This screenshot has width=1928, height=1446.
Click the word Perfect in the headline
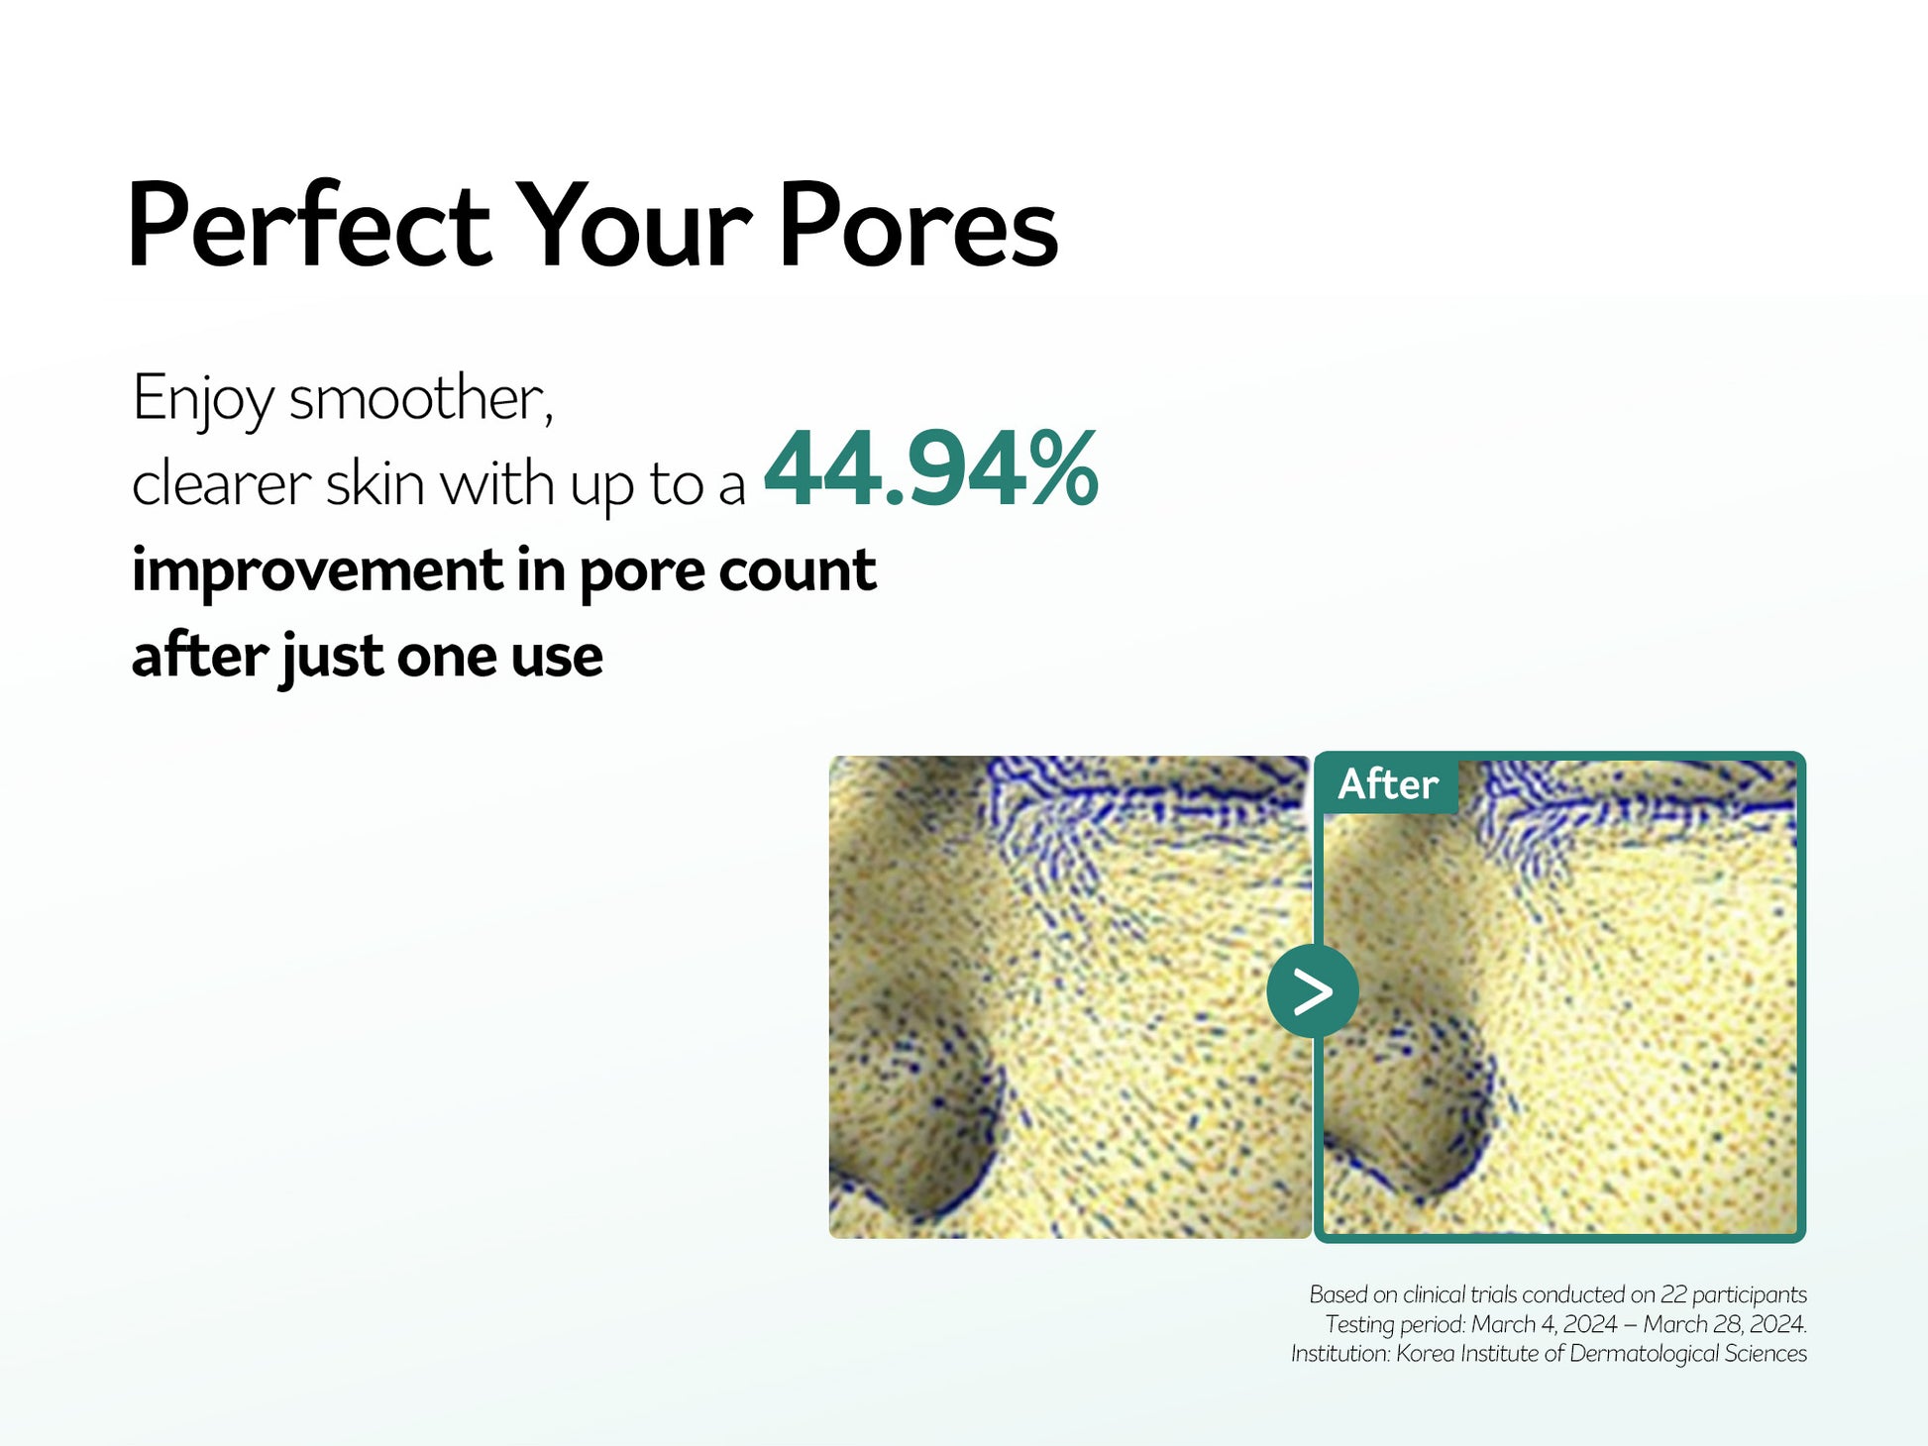[309, 225]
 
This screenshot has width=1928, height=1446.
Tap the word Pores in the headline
[918, 225]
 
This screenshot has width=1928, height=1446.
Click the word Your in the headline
[634, 225]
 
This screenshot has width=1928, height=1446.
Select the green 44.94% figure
[931, 468]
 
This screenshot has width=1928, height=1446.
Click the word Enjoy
[203, 400]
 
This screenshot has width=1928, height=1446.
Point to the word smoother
[420, 400]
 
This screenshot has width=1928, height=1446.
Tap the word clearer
[222, 484]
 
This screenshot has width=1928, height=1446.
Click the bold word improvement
[318, 571]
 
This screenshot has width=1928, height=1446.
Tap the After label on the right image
[1387, 784]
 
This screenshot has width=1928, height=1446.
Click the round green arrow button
[1313, 991]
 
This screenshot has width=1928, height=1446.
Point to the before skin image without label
[1070, 997]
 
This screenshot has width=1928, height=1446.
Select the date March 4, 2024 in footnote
[1545, 1324]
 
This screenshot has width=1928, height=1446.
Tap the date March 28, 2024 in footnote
[1725, 1324]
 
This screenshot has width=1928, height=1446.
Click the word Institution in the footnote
[1340, 1354]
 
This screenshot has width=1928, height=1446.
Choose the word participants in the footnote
[1750, 1295]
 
